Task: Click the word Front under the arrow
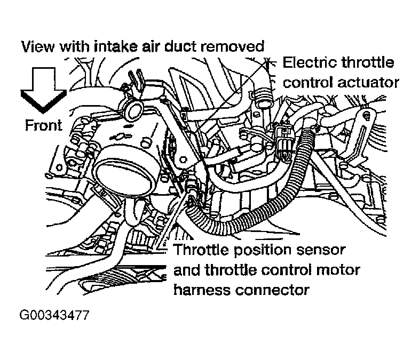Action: point(43,125)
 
